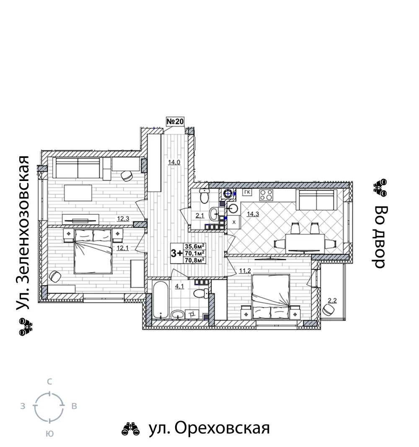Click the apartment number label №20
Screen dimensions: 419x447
pos(175,121)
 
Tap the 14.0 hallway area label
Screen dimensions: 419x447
pos(174,163)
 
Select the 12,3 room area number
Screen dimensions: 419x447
pos(123,219)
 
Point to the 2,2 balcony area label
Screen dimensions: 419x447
pos(332,300)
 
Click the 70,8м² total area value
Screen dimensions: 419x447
pos(195,260)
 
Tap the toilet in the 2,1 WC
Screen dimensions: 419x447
pos(204,196)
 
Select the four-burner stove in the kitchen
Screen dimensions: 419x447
pos(266,195)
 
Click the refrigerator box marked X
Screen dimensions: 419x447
pos(234,222)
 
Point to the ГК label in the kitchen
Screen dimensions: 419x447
pos(247,192)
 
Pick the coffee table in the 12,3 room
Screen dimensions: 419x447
pos(78,193)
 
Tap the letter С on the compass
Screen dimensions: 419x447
pos(49,382)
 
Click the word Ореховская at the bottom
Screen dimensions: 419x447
pos(222,428)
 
